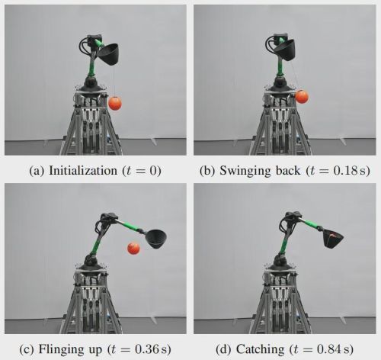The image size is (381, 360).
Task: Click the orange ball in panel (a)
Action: pyautogui.click(x=115, y=103)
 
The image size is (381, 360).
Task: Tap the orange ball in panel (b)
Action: pyautogui.click(x=302, y=97)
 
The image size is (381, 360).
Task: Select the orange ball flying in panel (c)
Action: pyautogui.click(x=133, y=249)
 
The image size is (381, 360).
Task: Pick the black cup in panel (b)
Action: pyautogui.click(x=285, y=50)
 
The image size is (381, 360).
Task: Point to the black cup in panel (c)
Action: pyautogui.click(x=155, y=239)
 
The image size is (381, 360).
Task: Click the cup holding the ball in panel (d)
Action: pyautogui.click(x=333, y=239)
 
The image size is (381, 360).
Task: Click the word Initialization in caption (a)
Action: pyautogui.click(x=83, y=171)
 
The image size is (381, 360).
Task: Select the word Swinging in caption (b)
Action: pyautogui.click(x=242, y=171)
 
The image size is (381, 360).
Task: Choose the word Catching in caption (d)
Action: pyautogui.click(x=260, y=349)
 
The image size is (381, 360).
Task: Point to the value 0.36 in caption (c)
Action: pyautogui.click(x=147, y=349)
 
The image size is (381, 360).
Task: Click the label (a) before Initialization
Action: pyautogui.click(x=37, y=171)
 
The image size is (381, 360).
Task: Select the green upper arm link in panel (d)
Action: pyautogui.click(x=311, y=223)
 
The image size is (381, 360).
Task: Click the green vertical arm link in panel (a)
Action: pyautogui.click(x=91, y=67)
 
